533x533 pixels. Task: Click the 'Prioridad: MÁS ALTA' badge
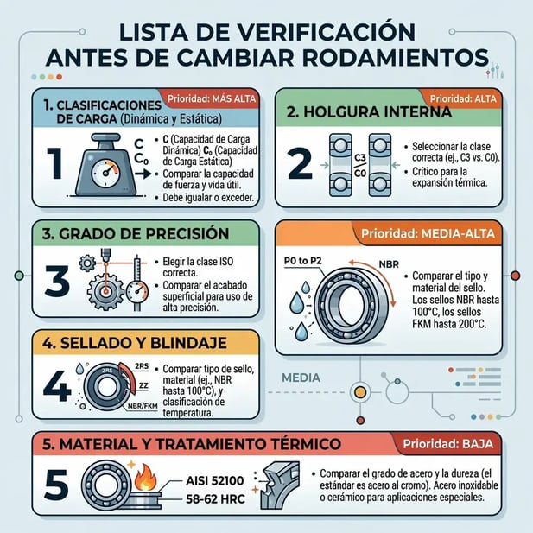(x=211, y=97)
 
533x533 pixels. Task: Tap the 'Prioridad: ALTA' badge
(x=464, y=98)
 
